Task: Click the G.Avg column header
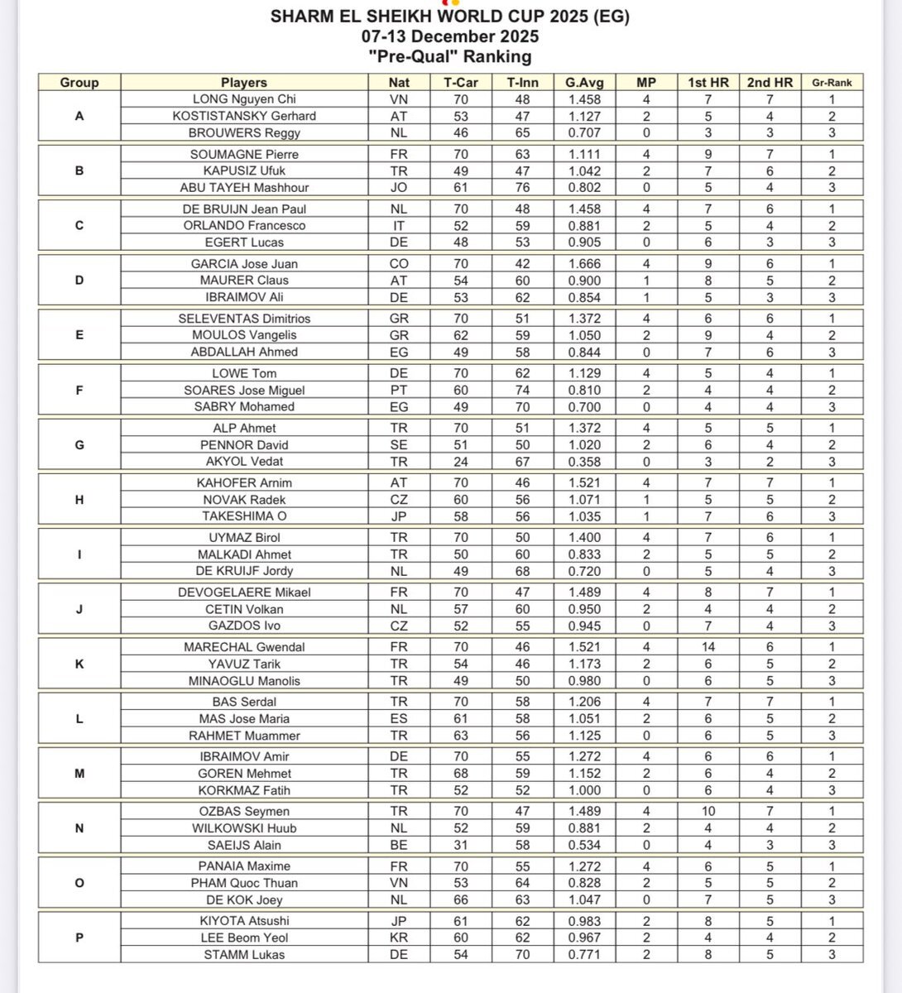584,82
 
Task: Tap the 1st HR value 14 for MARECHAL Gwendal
708,647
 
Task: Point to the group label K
79,664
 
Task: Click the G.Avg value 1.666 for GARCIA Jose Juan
584,263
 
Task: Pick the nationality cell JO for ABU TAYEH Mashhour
399,187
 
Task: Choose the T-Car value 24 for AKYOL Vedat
460,462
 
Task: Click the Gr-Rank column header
832,82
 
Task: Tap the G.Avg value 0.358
584,462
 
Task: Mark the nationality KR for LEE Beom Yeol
399,938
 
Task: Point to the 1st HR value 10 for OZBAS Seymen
708,811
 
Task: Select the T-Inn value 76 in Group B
522,187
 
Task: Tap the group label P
79,938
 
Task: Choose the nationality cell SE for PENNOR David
399,445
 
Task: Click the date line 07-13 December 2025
450,36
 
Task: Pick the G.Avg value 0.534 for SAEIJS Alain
584,845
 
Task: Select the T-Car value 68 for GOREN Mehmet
460,774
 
